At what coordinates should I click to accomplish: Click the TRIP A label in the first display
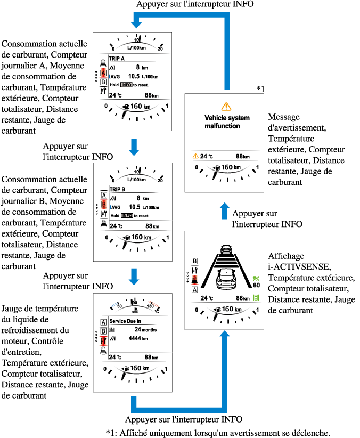click(117, 59)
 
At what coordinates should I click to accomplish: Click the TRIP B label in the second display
click(117, 189)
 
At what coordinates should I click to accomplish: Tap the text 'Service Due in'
click(125, 321)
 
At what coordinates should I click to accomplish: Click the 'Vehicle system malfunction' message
click(223, 121)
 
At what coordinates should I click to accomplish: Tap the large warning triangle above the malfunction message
click(226, 107)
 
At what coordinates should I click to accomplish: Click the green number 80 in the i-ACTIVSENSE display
click(256, 286)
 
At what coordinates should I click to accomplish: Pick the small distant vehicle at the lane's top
click(226, 249)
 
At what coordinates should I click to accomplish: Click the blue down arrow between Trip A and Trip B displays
click(134, 147)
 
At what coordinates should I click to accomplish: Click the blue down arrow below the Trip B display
click(134, 276)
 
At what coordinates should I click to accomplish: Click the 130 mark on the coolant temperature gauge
click(150, 306)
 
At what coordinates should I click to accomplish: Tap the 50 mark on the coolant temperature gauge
click(120, 306)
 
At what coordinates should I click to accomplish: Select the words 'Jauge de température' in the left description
click(40, 309)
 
